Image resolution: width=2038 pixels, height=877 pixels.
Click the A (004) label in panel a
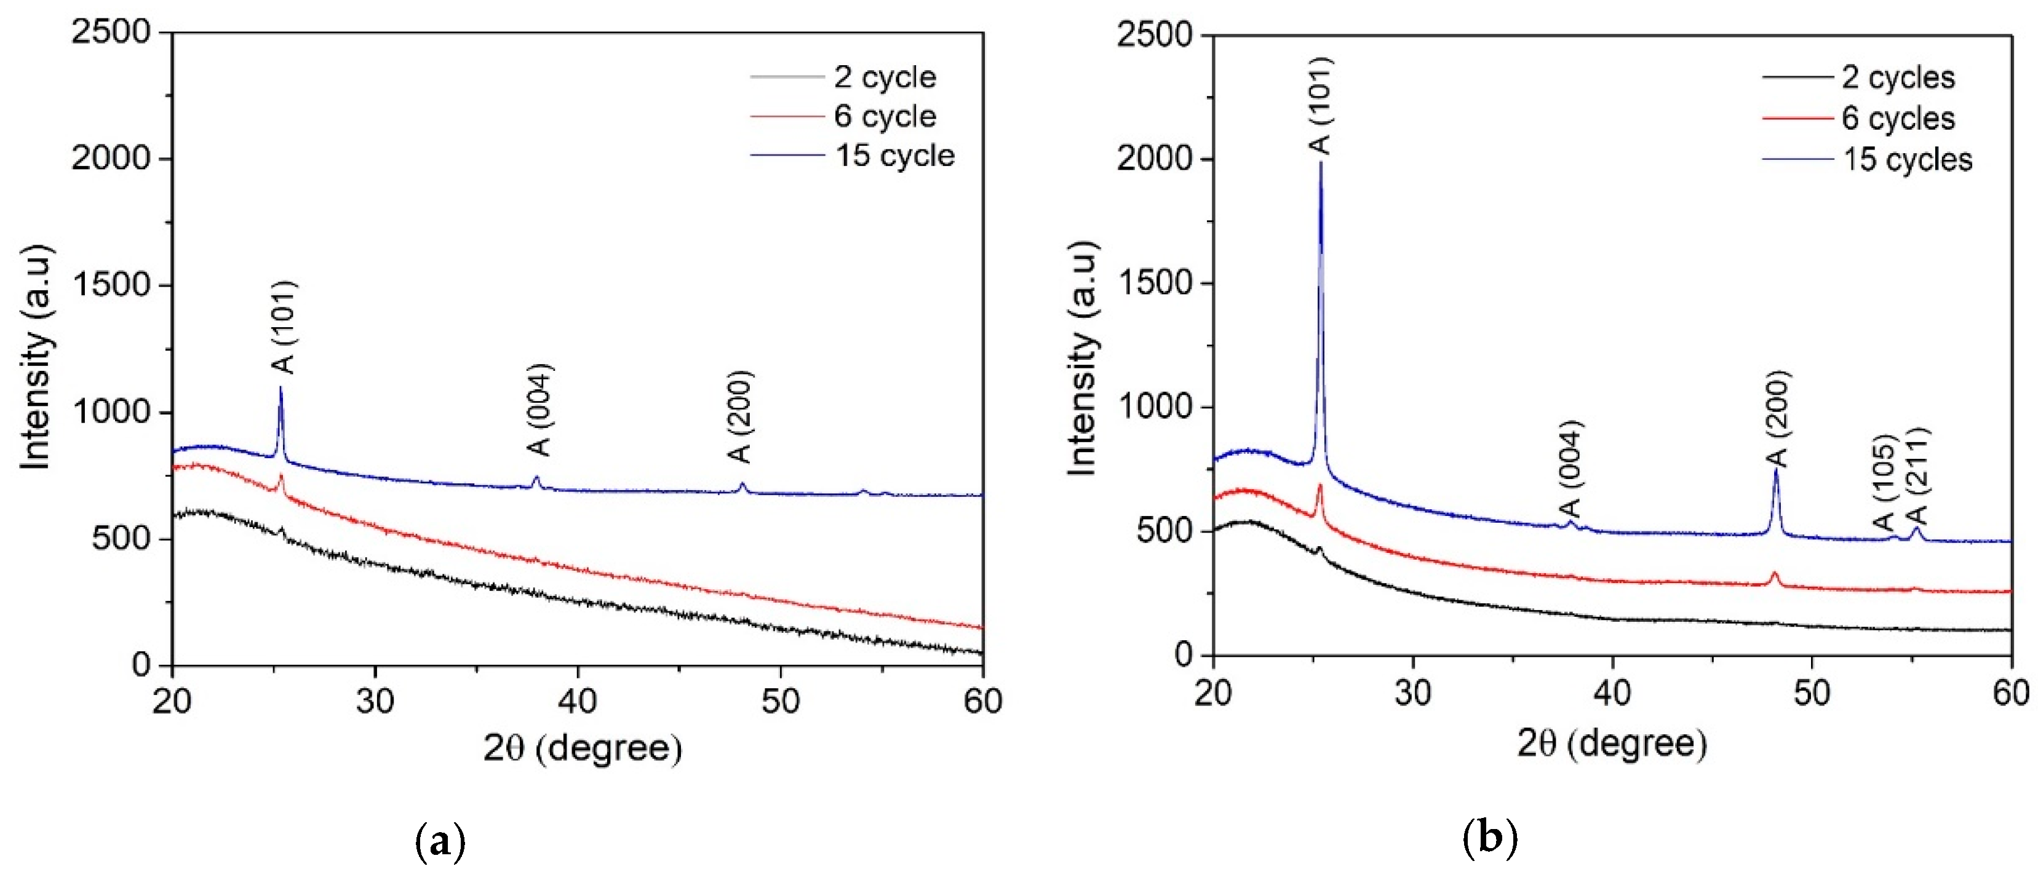pyautogui.click(x=540, y=410)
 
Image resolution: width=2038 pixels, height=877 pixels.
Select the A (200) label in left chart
pyautogui.click(x=741, y=417)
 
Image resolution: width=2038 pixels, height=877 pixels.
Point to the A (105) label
pyautogui.click(x=1885, y=483)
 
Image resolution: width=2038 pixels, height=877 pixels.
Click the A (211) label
pyautogui.click(x=1918, y=476)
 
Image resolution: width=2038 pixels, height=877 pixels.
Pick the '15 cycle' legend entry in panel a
pyautogui.click(x=894, y=156)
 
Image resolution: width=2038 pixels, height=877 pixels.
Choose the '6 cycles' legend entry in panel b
pyautogui.click(x=1897, y=119)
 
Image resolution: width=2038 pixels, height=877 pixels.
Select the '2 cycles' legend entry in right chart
pyautogui.click(x=1897, y=77)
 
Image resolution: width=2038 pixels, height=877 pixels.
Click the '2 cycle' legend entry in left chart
pyautogui.click(x=885, y=77)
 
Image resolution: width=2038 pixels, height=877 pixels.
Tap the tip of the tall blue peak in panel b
pyautogui.click(x=1321, y=163)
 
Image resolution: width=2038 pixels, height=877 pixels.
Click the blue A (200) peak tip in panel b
pyautogui.click(x=1776, y=470)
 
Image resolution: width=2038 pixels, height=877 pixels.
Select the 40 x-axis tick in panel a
pyautogui.click(x=578, y=700)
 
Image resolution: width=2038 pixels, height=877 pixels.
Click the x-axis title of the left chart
pyautogui.click(x=583, y=747)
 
